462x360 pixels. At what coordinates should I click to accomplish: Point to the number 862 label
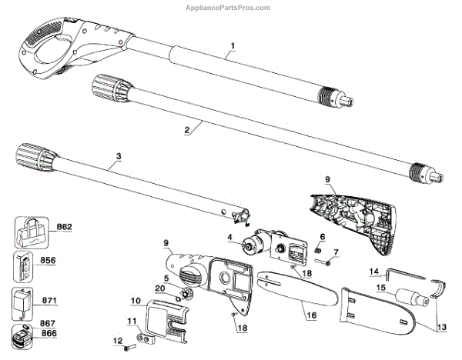(64, 226)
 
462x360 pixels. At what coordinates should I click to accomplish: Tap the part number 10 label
(136, 300)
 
